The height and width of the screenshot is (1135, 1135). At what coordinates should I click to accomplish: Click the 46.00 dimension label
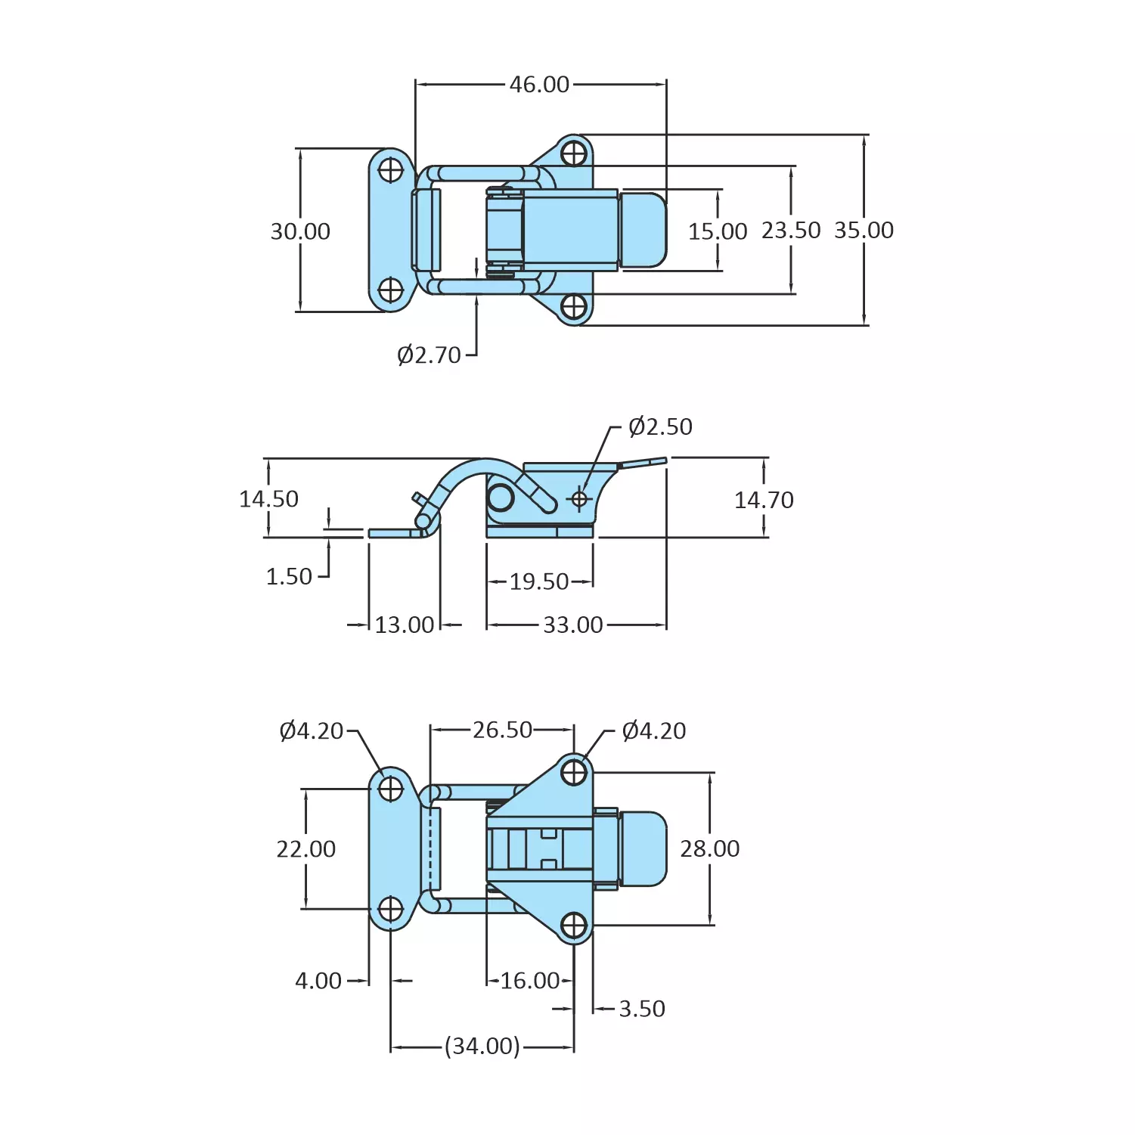(x=539, y=84)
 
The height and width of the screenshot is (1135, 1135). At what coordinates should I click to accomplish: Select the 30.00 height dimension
(x=300, y=231)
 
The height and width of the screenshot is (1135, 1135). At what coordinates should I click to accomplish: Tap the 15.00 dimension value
(x=717, y=231)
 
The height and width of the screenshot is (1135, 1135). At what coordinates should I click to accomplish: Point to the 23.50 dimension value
(x=790, y=230)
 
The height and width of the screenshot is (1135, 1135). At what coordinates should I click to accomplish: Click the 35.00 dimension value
(x=864, y=230)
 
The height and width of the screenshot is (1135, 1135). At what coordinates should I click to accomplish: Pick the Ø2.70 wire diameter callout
(x=429, y=355)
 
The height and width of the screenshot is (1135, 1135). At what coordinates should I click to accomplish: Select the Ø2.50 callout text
(x=660, y=426)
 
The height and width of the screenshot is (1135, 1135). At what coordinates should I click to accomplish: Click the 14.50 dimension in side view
(x=268, y=499)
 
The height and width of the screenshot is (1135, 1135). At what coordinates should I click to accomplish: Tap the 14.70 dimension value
(x=764, y=500)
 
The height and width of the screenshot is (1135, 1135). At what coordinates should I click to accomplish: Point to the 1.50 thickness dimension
(x=289, y=577)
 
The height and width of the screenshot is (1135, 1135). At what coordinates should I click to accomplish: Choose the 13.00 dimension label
(x=405, y=625)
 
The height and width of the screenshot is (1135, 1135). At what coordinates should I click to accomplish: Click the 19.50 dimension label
(x=538, y=581)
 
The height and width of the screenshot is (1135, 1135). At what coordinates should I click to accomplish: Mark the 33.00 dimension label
(x=573, y=625)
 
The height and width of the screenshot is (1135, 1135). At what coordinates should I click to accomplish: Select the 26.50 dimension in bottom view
(x=502, y=730)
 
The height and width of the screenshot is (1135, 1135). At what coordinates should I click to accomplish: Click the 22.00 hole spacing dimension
(x=305, y=849)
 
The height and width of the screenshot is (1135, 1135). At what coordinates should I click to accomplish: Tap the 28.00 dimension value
(x=709, y=848)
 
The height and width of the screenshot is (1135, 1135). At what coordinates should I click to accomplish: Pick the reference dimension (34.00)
(x=482, y=1046)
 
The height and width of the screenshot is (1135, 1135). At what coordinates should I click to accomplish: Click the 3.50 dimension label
(x=641, y=1009)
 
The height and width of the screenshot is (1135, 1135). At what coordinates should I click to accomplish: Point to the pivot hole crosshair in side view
(x=579, y=499)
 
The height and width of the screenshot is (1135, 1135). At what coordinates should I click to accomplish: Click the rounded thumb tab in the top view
(x=643, y=230)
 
